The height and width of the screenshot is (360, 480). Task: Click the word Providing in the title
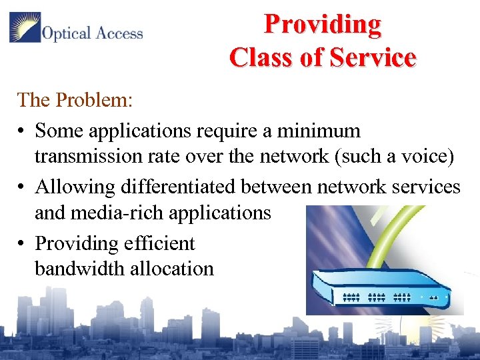click(x=323, y=24)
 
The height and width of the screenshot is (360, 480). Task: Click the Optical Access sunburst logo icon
click(x=24, y=29)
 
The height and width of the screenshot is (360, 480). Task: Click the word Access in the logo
click(x=118, y=33)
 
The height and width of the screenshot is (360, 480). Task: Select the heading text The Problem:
click(x=75, y=100)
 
